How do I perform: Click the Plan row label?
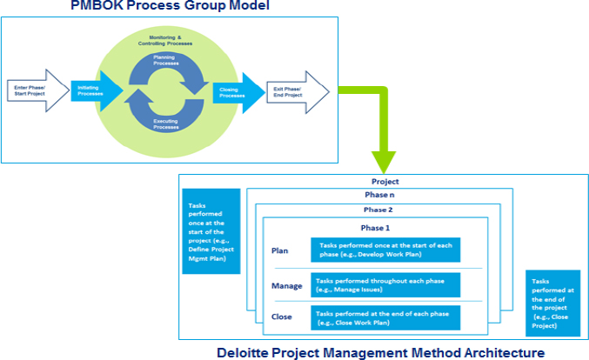point(280,250)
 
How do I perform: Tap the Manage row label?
point(286,285)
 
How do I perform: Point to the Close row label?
point(282,316)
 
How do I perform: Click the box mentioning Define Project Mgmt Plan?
point(209,230)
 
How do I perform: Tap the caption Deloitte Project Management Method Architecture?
point(381,351)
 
